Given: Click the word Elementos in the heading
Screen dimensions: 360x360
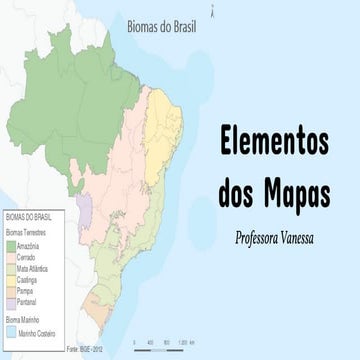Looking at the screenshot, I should click(x=273, y=144).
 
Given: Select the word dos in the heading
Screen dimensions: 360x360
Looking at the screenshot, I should click(x=237, y=187).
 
